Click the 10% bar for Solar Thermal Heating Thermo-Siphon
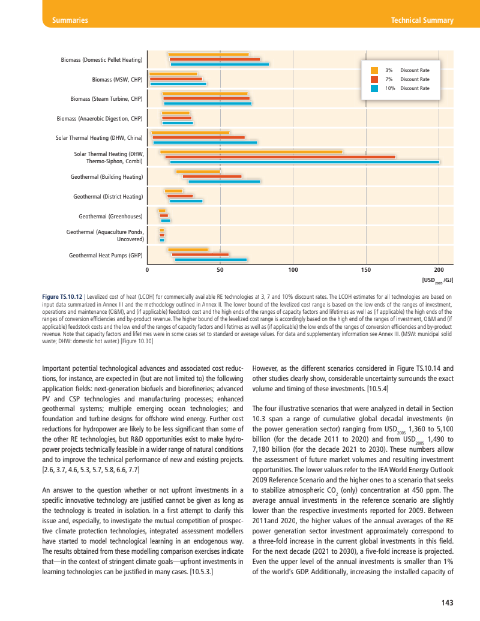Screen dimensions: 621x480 tap(304, 162)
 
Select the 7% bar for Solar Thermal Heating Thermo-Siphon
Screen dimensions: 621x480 tap(280, 157)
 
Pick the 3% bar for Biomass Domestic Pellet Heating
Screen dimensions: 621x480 tap(208, 55)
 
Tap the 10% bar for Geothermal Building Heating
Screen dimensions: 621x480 tap(224, 181)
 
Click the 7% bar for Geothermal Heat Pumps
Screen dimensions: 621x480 tap(200, 255)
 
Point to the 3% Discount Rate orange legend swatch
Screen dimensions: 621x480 tap(374, 70)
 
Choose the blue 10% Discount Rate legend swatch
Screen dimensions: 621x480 tap(374, 88)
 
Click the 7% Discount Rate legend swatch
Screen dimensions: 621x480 tap(374, 79)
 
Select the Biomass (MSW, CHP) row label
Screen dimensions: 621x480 tap(117, 79)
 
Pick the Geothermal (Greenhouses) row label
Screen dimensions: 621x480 tap(110, 216)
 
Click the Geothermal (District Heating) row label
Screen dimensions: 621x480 tap(108, 196)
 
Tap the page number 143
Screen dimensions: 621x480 tap(447, 603)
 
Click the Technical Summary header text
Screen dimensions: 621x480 tap(422, 20)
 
